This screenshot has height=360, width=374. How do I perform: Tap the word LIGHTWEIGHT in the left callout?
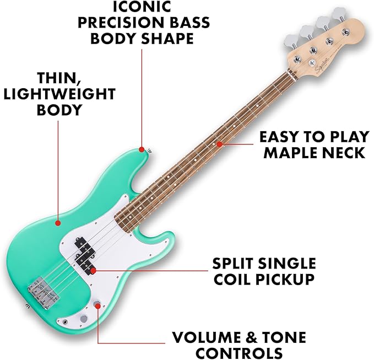[59, 94]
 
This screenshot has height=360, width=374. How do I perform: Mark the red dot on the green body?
[58, 223]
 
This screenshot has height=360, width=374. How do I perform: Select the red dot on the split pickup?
[94, 270]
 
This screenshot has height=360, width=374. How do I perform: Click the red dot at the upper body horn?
[142, 149]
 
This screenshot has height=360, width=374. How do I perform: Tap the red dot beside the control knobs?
[98, 304]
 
